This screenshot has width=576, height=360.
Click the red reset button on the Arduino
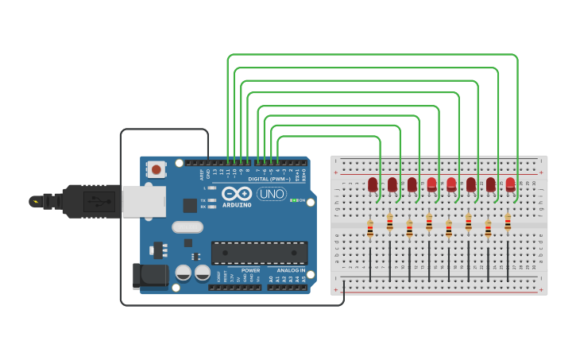157,168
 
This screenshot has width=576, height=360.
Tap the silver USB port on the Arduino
144,201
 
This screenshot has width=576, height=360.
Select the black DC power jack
150,276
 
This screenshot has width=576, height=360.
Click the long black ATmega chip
259,253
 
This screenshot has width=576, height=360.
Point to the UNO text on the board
272,193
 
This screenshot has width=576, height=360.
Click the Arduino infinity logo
237,193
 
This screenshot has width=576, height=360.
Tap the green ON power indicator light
294,199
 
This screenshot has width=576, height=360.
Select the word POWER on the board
250,270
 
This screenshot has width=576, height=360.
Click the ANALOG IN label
291,270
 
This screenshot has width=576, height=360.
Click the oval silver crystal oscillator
187,226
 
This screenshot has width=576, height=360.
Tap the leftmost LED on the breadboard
372,184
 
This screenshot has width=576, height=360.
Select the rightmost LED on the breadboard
510,184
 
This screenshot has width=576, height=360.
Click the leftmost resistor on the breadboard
370,230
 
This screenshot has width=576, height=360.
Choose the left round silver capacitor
184,273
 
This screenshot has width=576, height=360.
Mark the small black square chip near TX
190,205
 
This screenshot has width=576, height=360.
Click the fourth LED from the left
431,184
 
